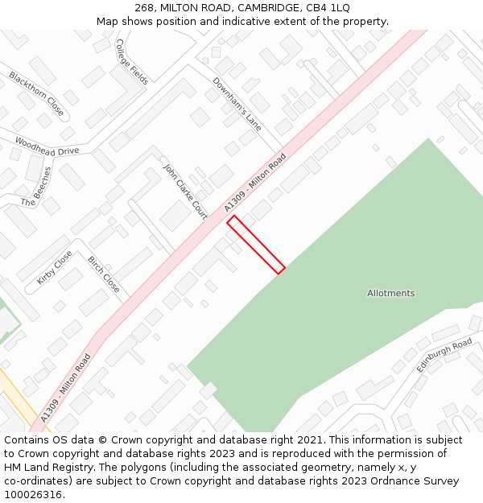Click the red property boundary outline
click(x=256, y=245)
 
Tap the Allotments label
click(x=390, y=293)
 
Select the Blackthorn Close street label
click(x=36, y=93)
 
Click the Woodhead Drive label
click(x=47, y=146)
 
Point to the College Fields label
click(x=132, y=61)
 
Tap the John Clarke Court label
click(x=185, y=192)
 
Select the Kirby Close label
click(x=54, y=267)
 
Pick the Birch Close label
click(x=103, y=274)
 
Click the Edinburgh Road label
click(x=444, y=355)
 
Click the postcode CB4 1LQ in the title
click(x=330, y=7)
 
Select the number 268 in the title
click(x=144, y=7)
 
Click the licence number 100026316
click(x=34, y=494)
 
